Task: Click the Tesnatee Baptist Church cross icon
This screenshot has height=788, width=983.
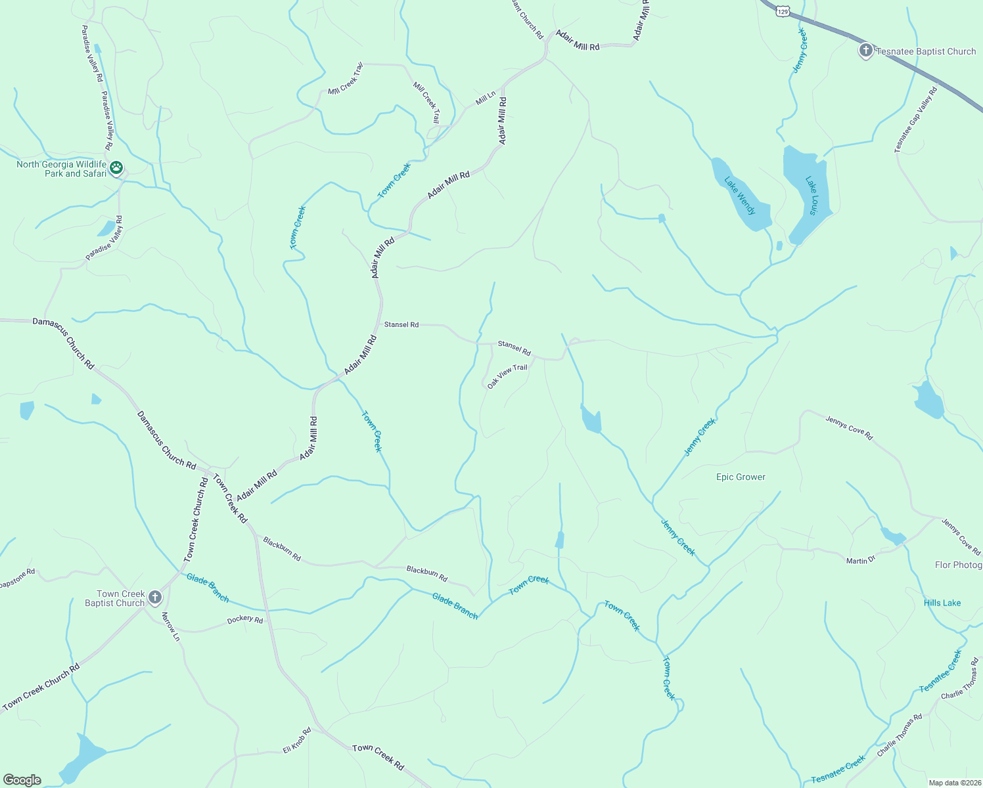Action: tap(866, 51)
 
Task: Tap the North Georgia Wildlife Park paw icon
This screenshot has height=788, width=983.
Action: tap(116, 168)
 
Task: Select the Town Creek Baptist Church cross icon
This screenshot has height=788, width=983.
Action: tap(155, 598)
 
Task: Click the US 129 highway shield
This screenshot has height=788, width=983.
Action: tap(781, 11)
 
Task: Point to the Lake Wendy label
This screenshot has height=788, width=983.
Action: tap(741, 196)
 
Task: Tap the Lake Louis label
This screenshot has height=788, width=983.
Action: tap(812, 195)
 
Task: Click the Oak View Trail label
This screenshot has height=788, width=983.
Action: tap(507, 376)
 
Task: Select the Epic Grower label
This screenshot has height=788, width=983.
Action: tap(741, 477)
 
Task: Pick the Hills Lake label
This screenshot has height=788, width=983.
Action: tap(942, 603)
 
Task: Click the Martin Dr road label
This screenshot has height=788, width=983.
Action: tap(861, 560)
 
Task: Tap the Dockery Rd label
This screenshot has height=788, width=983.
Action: tap(244, 620)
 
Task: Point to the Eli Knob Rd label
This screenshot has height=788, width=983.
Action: tap(296, 740)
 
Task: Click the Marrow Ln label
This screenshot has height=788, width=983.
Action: tap(171, 626)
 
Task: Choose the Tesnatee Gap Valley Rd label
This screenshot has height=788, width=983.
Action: tap(915, 120)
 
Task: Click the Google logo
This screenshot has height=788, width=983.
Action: tap(22, 780)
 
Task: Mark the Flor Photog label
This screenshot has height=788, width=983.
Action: tap(958, 565)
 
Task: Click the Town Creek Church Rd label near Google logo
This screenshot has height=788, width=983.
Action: tap(41, 687)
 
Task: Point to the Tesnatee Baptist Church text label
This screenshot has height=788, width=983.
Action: tap(926, 51)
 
